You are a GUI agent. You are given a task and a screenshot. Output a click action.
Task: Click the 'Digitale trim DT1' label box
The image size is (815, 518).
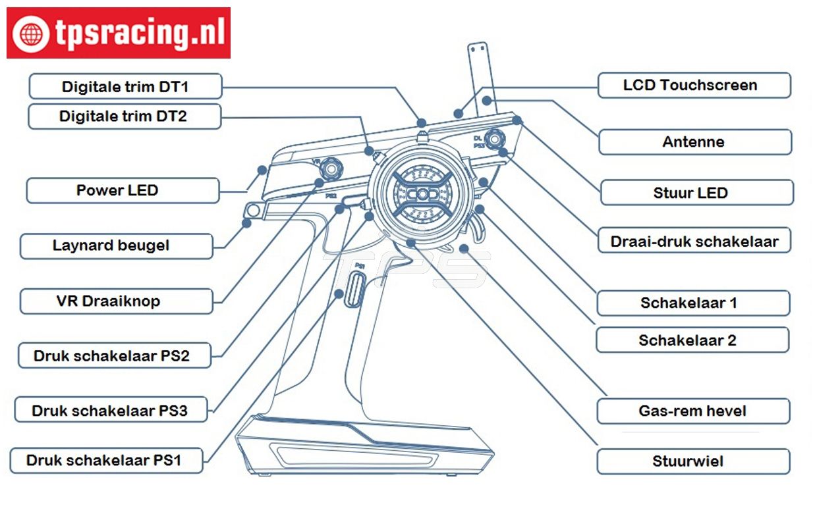pyautogui.click(x=125, y=86)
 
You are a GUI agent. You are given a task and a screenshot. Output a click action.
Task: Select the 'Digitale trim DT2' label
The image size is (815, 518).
pyautogui.click(x=124, y=117)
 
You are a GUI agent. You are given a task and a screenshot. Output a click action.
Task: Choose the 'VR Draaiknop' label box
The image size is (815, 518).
pyautogui.click(x=116, y=301)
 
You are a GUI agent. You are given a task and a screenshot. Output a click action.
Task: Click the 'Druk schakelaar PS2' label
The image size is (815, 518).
pyautogui.click(x=112, y=355)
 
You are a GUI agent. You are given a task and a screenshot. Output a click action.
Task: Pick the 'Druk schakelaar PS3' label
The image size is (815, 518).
pyautogui.click(x=110, y=411)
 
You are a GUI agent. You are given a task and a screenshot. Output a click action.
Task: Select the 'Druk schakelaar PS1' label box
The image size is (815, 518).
pyautogui.click(x=106, y=460)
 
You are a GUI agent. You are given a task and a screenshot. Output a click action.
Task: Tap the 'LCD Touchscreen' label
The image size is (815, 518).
pyautogui.click(x=693, y=85)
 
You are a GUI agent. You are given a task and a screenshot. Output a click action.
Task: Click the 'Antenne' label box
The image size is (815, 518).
pyautogui.click(x=694, y=142)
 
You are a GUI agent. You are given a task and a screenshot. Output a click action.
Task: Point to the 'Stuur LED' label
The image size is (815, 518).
pyautogui.click(x=696, y=193)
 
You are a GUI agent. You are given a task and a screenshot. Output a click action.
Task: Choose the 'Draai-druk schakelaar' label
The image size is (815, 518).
pyautogui.click(x=694, y=241)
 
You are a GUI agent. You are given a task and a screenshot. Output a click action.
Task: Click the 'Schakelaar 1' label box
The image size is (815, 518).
pyautogui.click(x=692, y=303)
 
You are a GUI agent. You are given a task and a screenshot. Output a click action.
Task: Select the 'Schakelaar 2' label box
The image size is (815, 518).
pyautogui.click(x=692, y=340)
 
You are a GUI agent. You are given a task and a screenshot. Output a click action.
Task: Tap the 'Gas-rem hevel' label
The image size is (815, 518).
pyautogui.click(x=692, y=411)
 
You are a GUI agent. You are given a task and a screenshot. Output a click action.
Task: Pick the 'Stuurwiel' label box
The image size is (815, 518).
pyautogui.click(x=692, y=461)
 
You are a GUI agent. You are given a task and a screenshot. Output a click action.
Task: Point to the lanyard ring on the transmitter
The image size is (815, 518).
pyautogui.click(x=252, y=211)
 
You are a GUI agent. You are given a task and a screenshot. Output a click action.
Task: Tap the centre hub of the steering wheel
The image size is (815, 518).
pyautogui.click(x=420, y=195)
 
